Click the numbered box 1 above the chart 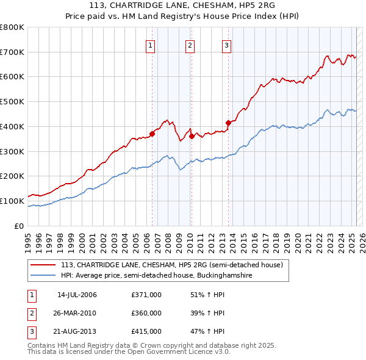coord(150,45)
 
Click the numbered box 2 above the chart coord(190,45)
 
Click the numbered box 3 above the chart coord(226,45)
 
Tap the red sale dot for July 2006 coord(152,134)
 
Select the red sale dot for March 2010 coord(192,137)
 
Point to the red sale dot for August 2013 coord(228,123)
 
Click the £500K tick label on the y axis coord(12,101)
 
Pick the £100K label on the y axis coord(12,201)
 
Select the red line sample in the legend coord(43,265)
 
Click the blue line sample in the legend coord(43,276)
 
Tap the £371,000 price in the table coord(146,295)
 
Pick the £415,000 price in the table coord(146,331)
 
